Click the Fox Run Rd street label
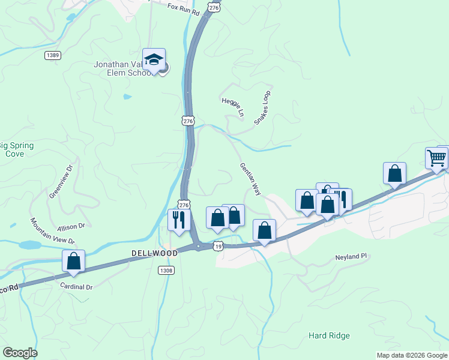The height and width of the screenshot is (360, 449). point(183,8)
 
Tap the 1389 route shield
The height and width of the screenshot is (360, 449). point(52,55)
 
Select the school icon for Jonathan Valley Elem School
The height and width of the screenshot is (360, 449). point(154,59)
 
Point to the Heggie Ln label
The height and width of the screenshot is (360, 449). point(233,106)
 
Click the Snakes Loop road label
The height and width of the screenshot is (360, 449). point(262,107)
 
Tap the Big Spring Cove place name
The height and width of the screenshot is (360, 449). point(16,149)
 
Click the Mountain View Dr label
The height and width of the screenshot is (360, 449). point(52,230)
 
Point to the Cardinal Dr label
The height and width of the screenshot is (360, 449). point(76,287)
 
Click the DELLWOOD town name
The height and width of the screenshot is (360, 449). point(154,253)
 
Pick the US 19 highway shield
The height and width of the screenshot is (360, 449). point(218,246)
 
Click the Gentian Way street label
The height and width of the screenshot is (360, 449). point(250,179)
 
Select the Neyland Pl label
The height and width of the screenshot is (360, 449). point(351,257)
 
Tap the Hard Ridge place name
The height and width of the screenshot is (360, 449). point(328,335)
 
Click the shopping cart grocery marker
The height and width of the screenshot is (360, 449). point(436,158)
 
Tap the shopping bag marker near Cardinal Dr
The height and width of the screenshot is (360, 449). point(73,261)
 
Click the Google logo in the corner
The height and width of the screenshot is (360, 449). point(20,353)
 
